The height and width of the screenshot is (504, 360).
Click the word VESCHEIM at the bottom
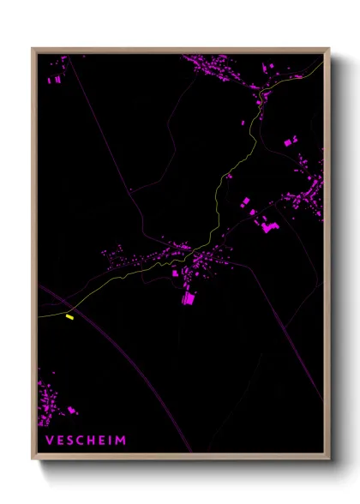click(x=85, y=441)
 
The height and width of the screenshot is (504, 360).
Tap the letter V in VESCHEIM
click(x=48, y=441)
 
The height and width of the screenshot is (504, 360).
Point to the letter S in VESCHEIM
click(x=69, y=441)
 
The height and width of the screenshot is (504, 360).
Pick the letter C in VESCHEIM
click(x=80, y=441)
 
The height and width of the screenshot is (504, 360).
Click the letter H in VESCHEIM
click(x=91, y=441)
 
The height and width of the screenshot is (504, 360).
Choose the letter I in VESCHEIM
click(x=111, y=441)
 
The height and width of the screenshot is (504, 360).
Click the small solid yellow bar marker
click(x=70, y=317)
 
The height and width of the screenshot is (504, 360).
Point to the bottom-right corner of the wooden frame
click(x=328, y=459)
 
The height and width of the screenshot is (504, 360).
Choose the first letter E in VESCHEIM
click(x=59, y=441)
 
